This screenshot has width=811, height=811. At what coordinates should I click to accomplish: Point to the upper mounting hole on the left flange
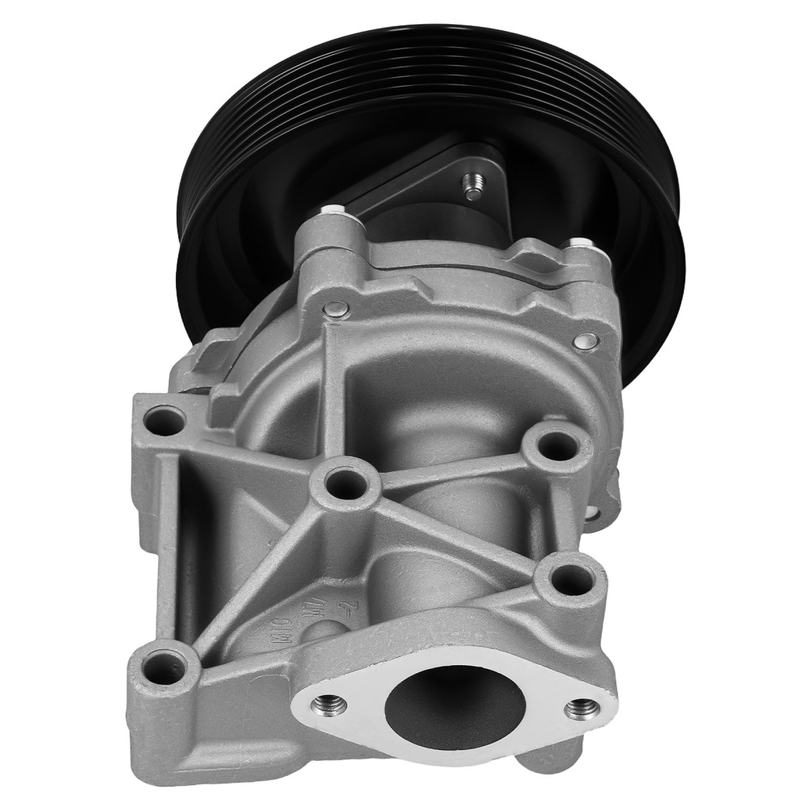pos(165,420)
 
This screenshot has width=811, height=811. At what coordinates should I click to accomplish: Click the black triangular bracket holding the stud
pos(430,174)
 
